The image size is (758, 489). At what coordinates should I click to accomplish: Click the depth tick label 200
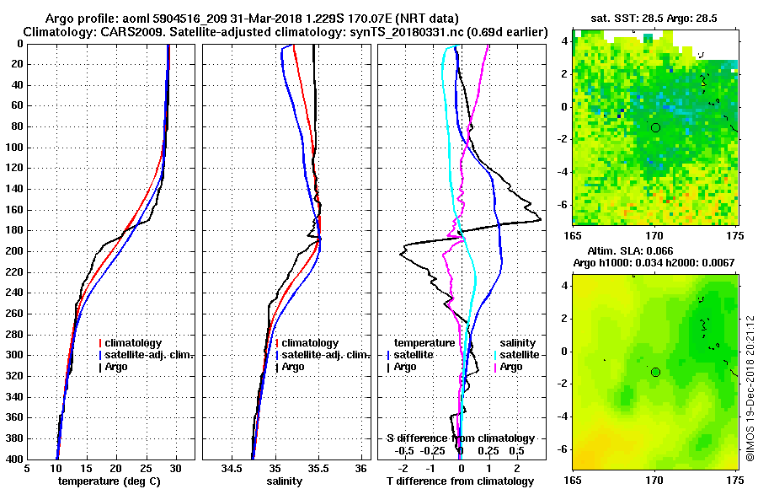13,251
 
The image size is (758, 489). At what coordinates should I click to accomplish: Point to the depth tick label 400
13,459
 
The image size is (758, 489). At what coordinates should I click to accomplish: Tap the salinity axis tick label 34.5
232,469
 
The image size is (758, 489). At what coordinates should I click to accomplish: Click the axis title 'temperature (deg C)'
110,481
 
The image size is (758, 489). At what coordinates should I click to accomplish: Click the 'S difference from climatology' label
460,438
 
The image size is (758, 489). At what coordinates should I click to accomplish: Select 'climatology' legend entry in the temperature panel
135,343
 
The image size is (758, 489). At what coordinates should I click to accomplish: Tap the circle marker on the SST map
655,127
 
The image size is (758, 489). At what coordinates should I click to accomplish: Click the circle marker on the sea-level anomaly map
655,372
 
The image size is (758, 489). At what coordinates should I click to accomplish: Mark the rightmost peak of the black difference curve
540,221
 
